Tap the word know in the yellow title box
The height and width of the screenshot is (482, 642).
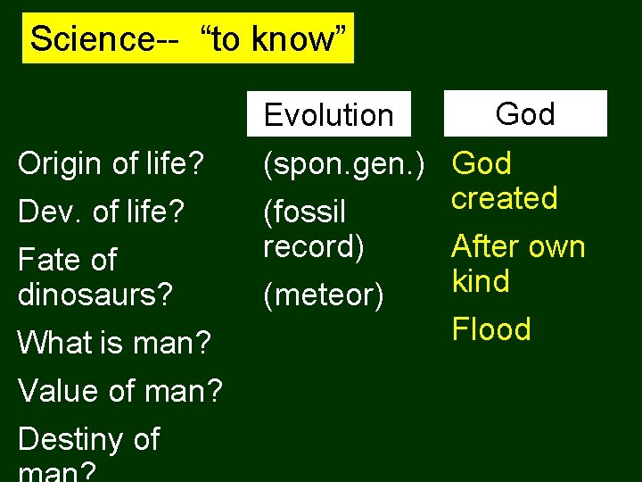[x=294, y=38]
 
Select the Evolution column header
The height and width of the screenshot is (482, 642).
[x=328, y=115]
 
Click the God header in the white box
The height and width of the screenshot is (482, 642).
[x=524, y=113]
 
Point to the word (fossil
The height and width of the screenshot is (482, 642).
[x=304, y=212]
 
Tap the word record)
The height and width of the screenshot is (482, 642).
[x=314, y=246]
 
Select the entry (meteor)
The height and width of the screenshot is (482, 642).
[x=324, y=295]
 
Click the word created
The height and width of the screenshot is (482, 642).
[x=504, y=198]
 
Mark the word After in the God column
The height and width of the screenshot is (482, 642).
[x=482, y=246]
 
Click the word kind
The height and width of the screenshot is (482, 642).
[x=481, y=281]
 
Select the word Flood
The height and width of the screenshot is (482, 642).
[x=491, y=329]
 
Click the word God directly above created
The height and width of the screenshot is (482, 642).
[x=481, y=164]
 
